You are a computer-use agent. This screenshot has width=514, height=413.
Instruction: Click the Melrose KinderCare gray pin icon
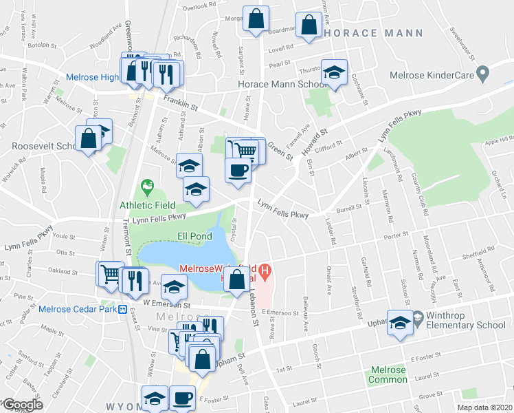tap(483, 72)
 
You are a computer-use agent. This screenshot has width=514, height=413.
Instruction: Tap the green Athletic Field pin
tap(146, 186)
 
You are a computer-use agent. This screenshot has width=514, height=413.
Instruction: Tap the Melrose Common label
tap(388, 374)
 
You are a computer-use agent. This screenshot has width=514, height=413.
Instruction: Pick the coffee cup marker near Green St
tap(238, 170)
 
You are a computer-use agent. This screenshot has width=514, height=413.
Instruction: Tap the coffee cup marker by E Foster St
tap(183, 398)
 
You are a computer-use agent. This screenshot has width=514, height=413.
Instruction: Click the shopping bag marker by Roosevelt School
tap(89, 138)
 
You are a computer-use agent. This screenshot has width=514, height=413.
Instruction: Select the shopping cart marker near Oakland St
tap(109, 275)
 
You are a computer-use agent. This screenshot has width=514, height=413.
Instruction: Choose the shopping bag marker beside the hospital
tap(237, 280)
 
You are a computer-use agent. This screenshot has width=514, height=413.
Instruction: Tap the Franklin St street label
tap(180, 103)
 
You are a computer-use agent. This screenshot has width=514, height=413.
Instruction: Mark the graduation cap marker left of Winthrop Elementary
tap(399, 324)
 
